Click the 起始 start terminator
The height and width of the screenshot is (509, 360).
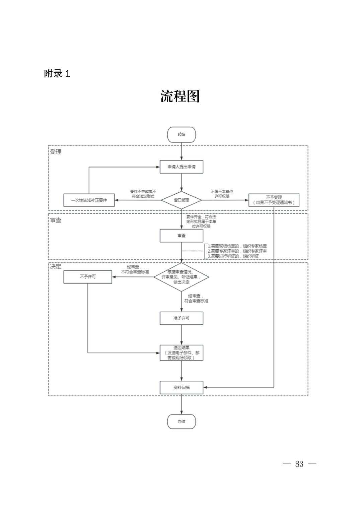point(181,134)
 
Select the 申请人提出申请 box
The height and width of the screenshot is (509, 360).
point(181,167)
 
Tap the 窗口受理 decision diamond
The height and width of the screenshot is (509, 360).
point(181,200)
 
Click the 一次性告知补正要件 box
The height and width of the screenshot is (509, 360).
point(89,200)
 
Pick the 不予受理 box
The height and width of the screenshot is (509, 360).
point(274,200)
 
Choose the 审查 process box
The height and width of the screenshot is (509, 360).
point(181,236)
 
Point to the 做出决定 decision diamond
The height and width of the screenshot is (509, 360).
point(181,277)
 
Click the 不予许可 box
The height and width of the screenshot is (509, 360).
point(88,277)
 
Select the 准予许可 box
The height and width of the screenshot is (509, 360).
point(181,318)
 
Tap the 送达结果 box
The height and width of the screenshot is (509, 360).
point(181,353)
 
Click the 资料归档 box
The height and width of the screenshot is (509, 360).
point(181,387)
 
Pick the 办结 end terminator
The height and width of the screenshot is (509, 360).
point(181,422)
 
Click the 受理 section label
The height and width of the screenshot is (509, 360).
point(56,152)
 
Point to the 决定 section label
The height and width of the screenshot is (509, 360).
point(56,266)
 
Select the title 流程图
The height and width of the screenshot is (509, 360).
point(180,97)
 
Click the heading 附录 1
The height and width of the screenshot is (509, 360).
point(57,74)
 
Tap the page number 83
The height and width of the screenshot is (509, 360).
point(299,464)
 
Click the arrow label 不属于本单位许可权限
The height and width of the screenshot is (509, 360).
point(222,194)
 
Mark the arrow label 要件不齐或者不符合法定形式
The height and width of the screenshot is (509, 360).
point(143,194)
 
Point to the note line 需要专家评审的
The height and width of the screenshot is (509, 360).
point(237,251)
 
